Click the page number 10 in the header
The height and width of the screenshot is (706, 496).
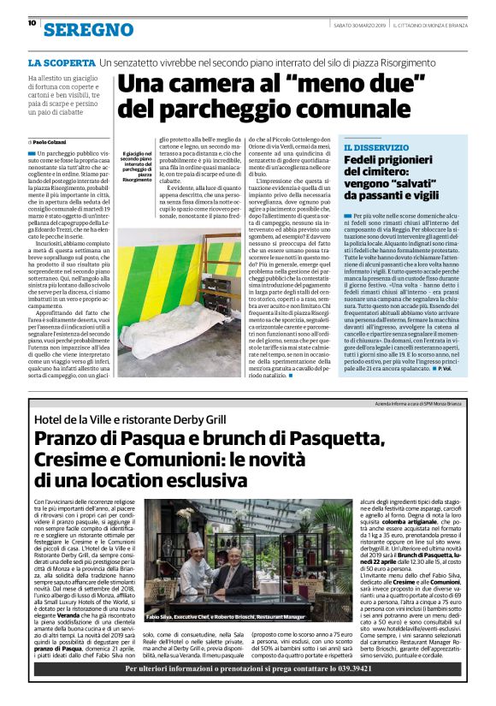pyautogui.click(x=32, y=24)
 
